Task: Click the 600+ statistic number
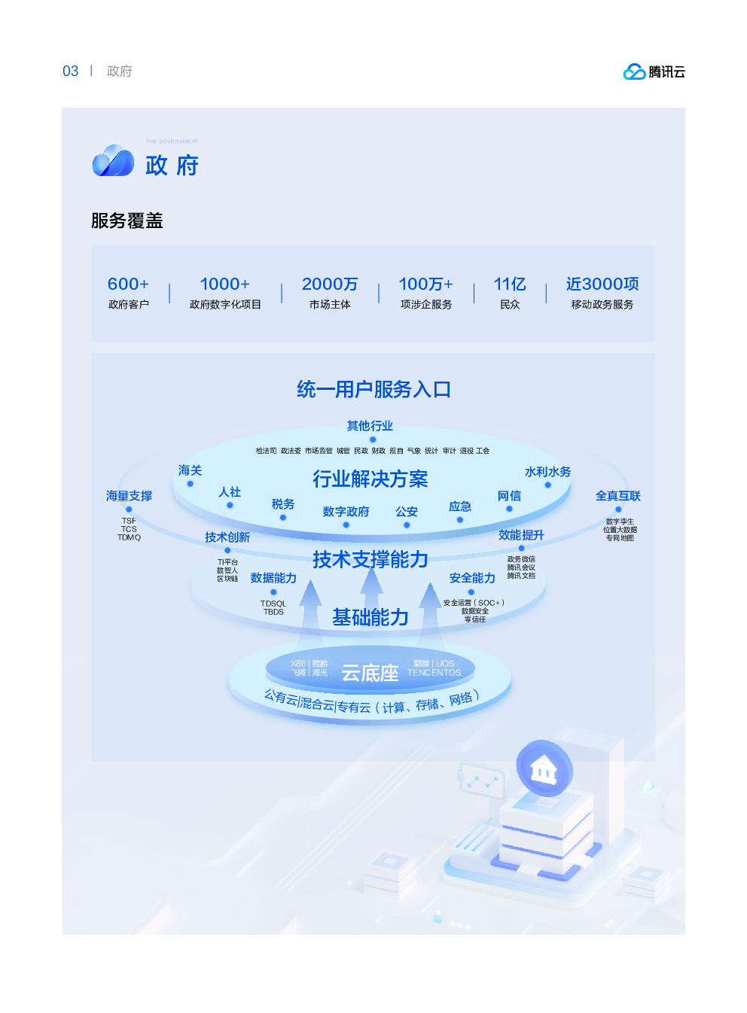(x=128, y=284)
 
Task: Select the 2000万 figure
(x=330, y=284)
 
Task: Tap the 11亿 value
(x=510, y=284)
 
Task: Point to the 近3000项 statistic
(x=602, y=284)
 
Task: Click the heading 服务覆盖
(x=127, y=221)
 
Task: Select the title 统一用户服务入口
(x=373, y=390)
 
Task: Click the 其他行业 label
(x=370, y=426)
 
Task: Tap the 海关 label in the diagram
(x=190, y=470)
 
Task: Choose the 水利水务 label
(x=547, y=472)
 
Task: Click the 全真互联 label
(x=618, y=496)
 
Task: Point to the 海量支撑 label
(x=129, y=496)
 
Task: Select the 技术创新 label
(x=227, y=537)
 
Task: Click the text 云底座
(x=370, y=673)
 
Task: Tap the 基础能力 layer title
(x=370, y=618)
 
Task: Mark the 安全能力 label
(x=472, y=578)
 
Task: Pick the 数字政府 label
(x=346, y=512)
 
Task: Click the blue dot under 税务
(x=283, y=517)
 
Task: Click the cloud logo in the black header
(x=635, y=72)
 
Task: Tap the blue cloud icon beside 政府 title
(x=113, y=161)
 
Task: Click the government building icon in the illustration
(x=544, y=769)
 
